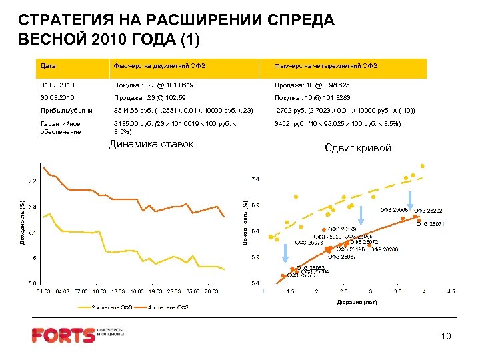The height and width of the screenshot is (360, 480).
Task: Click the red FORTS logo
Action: point(63,335)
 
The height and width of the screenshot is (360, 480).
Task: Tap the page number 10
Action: point(446,337)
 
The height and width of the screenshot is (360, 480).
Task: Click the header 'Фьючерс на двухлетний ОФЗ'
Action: point(160,65)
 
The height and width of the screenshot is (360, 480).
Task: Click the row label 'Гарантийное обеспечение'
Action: point(61,127)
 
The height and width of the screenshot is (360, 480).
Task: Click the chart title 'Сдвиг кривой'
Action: point(357,148)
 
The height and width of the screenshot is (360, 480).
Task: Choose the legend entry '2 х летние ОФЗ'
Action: point(112,307)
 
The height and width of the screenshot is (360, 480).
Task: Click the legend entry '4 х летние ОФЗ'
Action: point(169,307)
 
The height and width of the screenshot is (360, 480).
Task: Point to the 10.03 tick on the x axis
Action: point(100,291)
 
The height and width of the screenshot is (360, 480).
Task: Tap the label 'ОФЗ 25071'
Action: point(431,224)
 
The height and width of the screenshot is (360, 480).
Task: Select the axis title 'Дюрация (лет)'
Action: point(357,303)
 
